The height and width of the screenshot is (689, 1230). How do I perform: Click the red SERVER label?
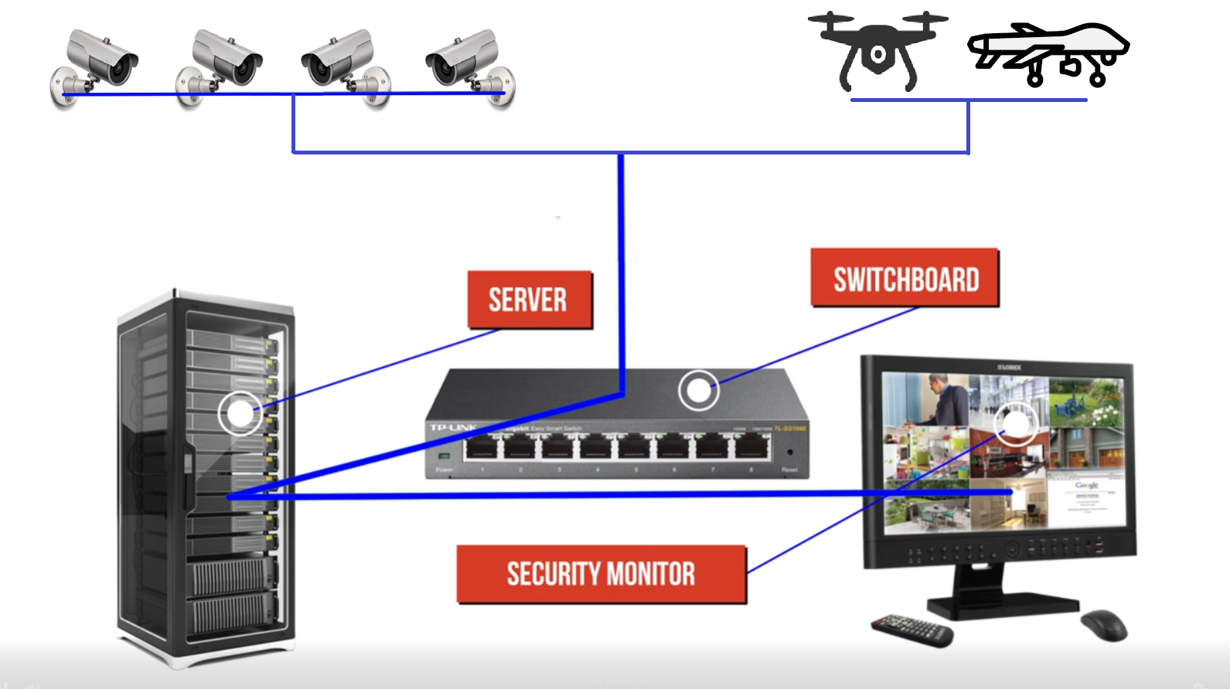coord(529,300)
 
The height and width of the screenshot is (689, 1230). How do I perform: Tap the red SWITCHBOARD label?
coord(905,278)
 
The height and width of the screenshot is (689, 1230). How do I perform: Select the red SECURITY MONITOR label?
coord(601,574)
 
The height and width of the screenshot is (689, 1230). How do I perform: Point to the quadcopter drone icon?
coord(877,51)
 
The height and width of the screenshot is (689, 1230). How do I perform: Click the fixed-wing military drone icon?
coord(1048,53)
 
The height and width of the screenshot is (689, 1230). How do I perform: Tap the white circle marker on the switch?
coord(699,390)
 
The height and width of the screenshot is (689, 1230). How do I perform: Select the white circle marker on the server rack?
coord(240,412)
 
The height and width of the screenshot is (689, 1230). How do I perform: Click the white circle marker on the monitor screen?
coord(1015,424)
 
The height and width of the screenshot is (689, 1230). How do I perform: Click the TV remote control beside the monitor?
coord(912,629)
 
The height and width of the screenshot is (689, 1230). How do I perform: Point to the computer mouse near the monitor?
coord(1104,624)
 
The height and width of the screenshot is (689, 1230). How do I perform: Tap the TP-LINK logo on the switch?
coord(453,428)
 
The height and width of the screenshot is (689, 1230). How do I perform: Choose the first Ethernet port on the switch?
coord(482,447)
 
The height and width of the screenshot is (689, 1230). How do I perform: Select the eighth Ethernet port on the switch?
coord(751,447)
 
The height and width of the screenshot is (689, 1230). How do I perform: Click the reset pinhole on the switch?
coord(789,453)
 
